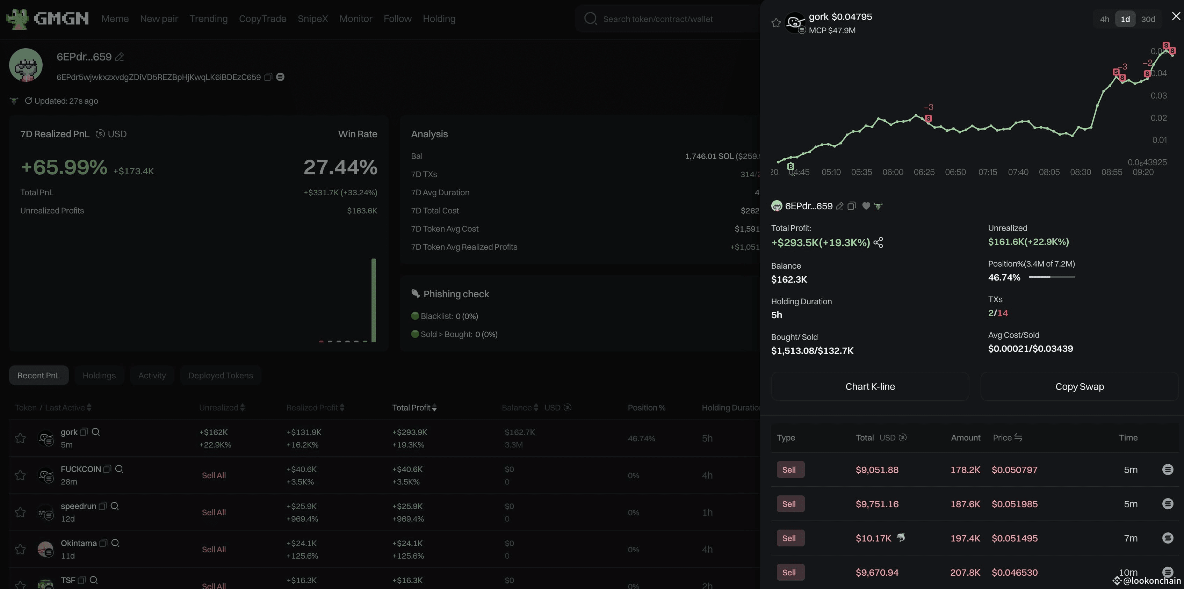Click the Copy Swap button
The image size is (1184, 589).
pyautogui.click(x=1079, y=386)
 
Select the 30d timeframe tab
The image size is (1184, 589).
pyautogui.click(x=1148, y=19)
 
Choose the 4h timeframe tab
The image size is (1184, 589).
pyautogui.click(x=1104, y=19)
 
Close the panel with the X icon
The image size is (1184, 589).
pyautogui.click(x=1176, y=16)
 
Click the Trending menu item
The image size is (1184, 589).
pyautogui.click(x=208, y=19)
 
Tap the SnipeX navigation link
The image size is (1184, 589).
pyautogui.click(x=312, y=19)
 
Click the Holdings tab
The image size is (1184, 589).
pyautogui.click(x=99, y=375)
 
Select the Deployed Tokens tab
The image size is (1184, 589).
pyautogui.click(x=220, y=375)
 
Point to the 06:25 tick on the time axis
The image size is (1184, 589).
pyautogui.click(x=924, y=172)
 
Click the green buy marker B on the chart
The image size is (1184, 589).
pyautogui.click(x=790, y=166)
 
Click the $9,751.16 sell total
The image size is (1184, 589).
pyautogui.click(x=876, y=504)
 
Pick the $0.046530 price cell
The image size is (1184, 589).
pyautogui.click(x=1015, y=573)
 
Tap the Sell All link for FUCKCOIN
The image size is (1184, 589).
pyautogui.click(x=214, y=475)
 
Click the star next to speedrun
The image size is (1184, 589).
pyautogui.click(x=20, y=512)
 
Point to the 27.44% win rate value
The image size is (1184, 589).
pyautogui.click(x=340, y=167)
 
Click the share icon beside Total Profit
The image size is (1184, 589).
pyautogui.click(x=878, y=242)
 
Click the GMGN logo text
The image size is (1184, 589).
pyautogui.click(x=61, y=19)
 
